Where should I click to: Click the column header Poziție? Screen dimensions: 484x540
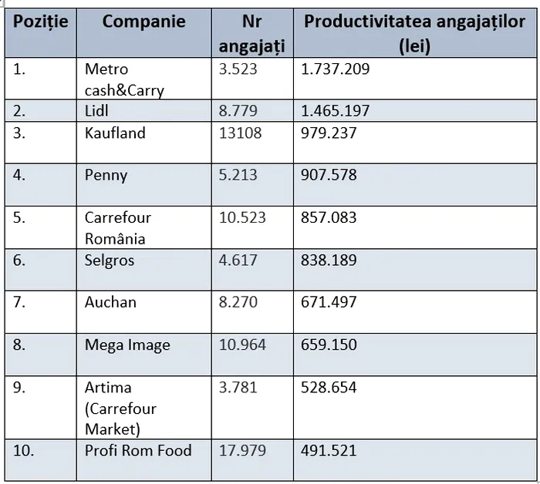(x=40, y=22)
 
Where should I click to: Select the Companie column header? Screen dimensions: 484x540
(x=143, y=22)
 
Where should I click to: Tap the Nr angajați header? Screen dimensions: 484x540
(x=251, y=33)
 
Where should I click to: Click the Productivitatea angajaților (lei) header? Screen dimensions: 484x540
(x=414, y=33)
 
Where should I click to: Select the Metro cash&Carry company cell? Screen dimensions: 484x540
(x=124, y=79)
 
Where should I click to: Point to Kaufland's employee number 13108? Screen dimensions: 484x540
(x=241, y=133)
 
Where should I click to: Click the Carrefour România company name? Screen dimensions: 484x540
(x=118, y=228)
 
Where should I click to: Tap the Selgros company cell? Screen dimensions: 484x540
(x=110, y=260)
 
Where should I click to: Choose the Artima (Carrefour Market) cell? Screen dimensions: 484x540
(x=120, y=408)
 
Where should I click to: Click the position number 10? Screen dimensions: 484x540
(x=24, y=451)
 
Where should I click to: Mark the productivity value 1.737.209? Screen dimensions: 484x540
(x=336, y=69)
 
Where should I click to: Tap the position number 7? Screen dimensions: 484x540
(x=19, y=303)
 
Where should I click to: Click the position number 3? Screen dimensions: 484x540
(x=19, y=133)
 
